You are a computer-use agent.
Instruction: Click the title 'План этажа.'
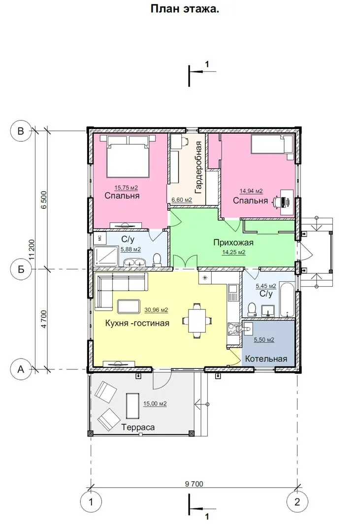click(185, 9)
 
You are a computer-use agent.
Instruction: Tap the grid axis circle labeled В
click(21, 131)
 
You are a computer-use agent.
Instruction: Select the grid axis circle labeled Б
click(21, 269)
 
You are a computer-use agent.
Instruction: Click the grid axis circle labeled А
click(21, 369)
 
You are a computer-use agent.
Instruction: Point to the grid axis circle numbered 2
click(297, 501)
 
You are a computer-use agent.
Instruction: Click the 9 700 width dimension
click(194, 484)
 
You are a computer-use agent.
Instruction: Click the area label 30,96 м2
click(156, 310)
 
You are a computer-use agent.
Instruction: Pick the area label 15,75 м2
click(126, 188)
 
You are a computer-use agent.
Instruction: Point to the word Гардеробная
click(198, 167)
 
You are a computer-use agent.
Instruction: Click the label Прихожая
click(233, 242)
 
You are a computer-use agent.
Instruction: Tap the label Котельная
click(266, 359)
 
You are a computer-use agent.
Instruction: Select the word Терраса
click(138, 427)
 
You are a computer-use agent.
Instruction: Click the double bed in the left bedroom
click(128, 156)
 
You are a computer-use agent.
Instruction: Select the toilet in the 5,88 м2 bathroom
click(157, 260)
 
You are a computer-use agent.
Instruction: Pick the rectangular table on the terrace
click(132, 406)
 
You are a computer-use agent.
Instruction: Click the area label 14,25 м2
click(233, 252)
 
